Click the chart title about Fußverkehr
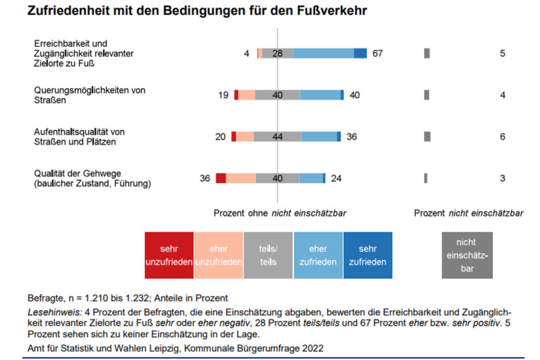(197, 11)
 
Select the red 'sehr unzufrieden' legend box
(169, 255)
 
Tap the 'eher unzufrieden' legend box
(219, 255)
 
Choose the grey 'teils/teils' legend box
(268, 255)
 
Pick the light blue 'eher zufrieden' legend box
(318, 255)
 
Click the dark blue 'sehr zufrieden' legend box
(367, 255)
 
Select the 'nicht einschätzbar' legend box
(467, 255)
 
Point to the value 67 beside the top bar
(377, 54)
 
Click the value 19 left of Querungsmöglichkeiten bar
(224, 95)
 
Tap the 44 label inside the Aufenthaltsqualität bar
(277, 137)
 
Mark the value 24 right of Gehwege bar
(336, 178)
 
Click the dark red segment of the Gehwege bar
(221, 178)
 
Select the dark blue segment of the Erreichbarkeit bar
(360, 54)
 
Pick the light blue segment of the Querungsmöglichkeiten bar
(320, 95)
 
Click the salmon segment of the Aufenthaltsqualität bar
(245, 137)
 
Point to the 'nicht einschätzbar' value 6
(502, 137)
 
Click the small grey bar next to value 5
(427, 54)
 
